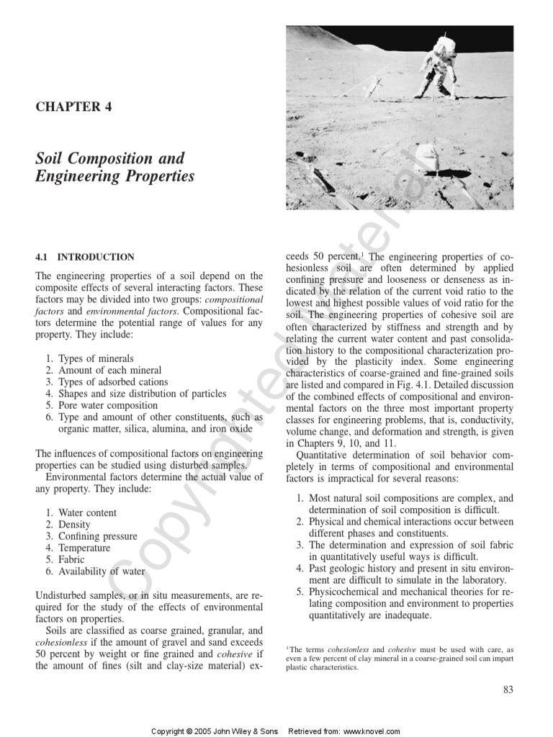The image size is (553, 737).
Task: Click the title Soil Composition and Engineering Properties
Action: click(x=114, y=166)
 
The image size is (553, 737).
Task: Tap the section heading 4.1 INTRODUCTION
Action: click(x=85, y=257)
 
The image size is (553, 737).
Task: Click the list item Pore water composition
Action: click(x=108, y=405)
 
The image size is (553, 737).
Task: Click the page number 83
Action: click(x=508, y=689)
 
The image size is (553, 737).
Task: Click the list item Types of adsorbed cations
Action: click(x=113, y=381)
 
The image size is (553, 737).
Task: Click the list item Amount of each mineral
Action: click(x=107, y=370)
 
